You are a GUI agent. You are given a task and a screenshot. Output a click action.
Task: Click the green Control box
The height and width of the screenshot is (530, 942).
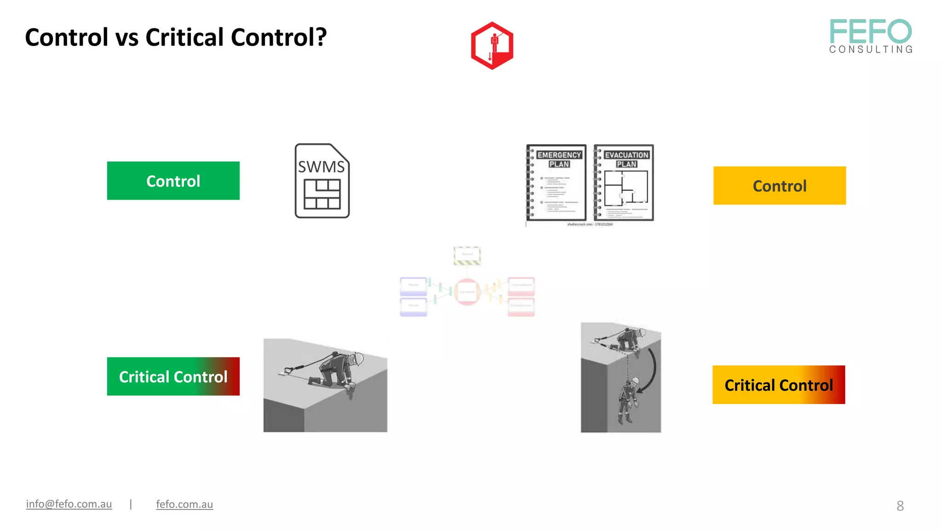click(173, 181)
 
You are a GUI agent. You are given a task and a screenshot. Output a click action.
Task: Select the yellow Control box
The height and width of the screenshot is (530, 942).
click(779, 186)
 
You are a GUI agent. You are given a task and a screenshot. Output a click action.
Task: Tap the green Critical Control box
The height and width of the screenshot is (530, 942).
click(173, 376)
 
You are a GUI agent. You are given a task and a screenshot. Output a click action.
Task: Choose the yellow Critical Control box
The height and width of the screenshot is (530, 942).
click(778, 385)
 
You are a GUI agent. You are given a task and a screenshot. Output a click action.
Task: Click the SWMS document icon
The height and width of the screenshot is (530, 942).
click(322, 181)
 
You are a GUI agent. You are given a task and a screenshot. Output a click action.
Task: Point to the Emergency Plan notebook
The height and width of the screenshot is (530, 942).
click(557, 183)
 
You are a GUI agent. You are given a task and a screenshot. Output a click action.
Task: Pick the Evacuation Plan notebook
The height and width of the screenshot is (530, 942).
click(624, 183)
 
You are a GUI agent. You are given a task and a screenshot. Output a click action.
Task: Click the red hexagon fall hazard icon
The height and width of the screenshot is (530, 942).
click(492, 46)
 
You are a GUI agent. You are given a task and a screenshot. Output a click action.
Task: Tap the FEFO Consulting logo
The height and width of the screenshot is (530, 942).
click(870, 36)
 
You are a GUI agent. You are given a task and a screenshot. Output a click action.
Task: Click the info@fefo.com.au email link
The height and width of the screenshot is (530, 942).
click(69, 504)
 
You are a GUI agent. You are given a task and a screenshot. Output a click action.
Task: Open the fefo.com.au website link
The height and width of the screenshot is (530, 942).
click(184, 504)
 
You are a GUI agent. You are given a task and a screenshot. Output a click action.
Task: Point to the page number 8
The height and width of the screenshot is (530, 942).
click(900, 506)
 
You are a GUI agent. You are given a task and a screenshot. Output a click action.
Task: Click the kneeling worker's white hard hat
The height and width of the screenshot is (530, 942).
click(358, 358)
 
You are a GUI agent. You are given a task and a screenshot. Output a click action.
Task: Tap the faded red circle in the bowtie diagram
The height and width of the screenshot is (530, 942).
click(467, 292)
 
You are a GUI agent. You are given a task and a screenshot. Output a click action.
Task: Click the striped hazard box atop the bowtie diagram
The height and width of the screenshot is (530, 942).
click(467, 255)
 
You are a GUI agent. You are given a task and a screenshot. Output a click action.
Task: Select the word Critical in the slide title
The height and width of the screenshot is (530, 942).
click(185, 37)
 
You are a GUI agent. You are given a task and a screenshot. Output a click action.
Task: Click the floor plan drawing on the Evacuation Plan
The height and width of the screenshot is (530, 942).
click(626, 188)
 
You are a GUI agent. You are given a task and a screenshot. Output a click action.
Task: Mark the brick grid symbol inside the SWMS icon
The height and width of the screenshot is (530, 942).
click(322, 194)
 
